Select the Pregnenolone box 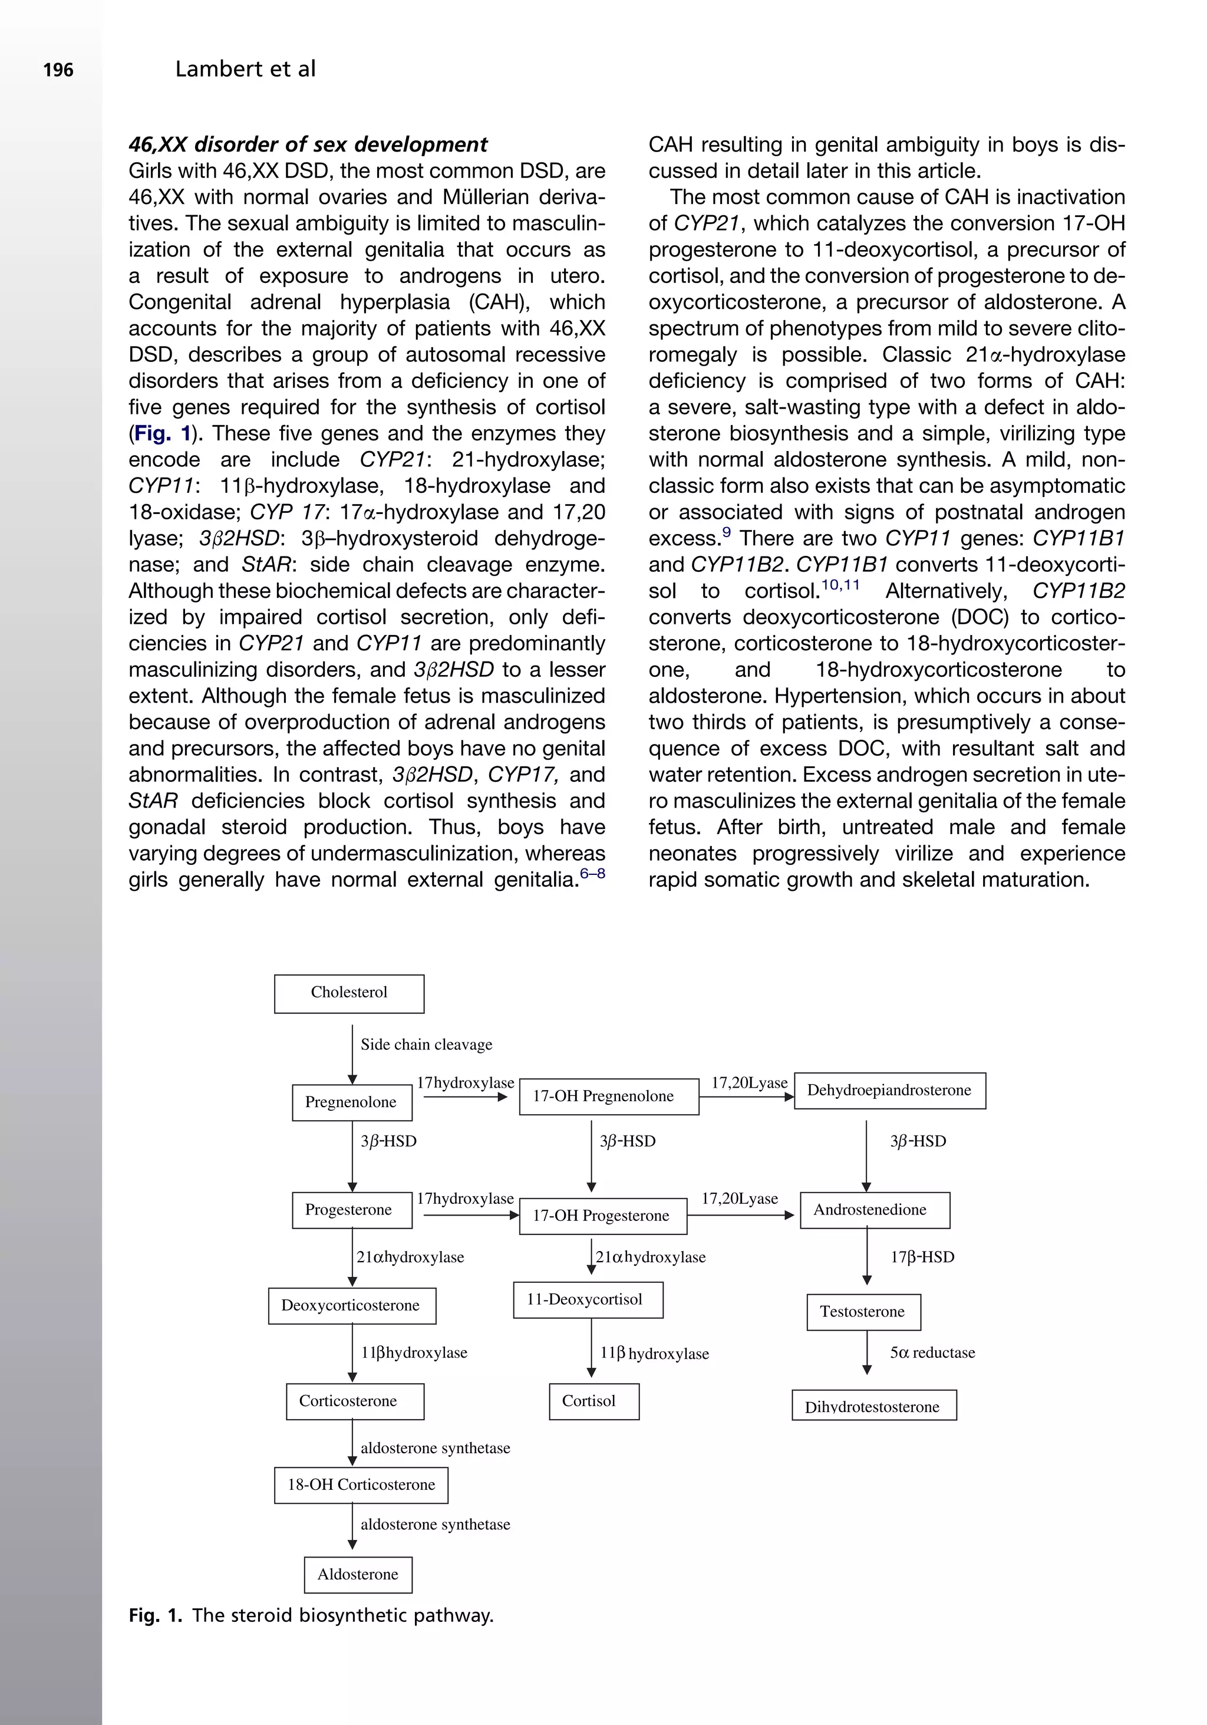tap(351, 1102)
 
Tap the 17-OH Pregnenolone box tap(608, 1096)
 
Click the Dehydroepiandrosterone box tap(889, 1090)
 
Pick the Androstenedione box tap(874, 1210)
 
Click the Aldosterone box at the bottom tap(358, 1574)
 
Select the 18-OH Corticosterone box tap(361, 1484)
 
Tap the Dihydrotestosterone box tap(873, 1405)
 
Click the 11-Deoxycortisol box tap(588, 1300)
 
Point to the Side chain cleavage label tap(426, 1044)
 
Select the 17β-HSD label tap(922, 1257)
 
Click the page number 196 tap(58, 71)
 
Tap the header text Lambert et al tap(245, 69)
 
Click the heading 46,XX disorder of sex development tap(308, 144)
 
